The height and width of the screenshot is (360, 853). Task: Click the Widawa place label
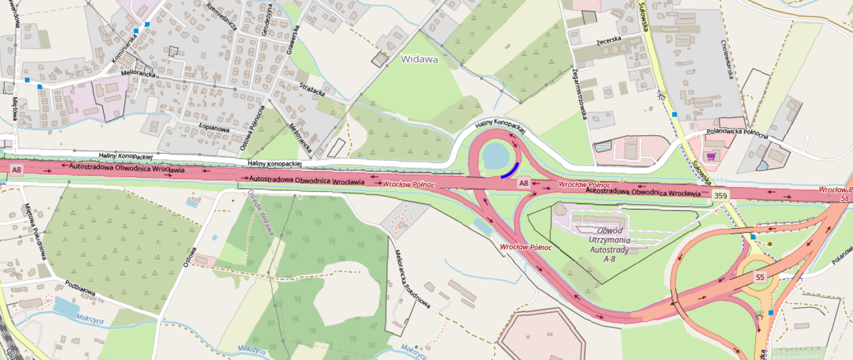click(419, 59)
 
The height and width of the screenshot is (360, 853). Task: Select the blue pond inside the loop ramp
click(495, 155)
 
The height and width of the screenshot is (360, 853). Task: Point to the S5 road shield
click(760, 277)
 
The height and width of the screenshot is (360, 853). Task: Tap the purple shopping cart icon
click(711, 156)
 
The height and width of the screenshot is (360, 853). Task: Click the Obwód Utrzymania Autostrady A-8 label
click(610, 244)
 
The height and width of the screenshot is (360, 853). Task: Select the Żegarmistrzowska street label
click(580, 94)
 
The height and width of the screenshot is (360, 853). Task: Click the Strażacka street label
click(312, 89)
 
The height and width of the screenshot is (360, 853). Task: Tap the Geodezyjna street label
click(267, 20)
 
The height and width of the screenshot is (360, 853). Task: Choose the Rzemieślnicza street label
click(221, 16)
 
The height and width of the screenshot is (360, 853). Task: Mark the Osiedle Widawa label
click(260, 212)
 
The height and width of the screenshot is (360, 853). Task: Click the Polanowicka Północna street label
click(737, 133)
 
